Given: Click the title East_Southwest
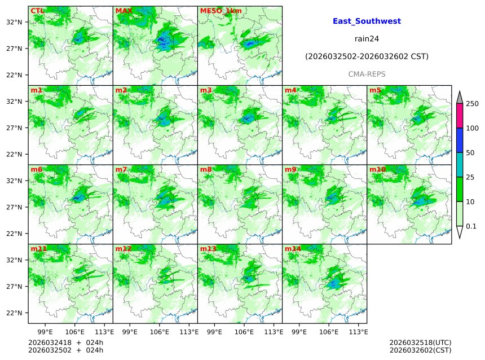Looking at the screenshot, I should (x=367, y=21).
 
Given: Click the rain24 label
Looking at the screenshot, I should (x=367, y=39).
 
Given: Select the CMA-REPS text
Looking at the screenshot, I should (x=367, y=74).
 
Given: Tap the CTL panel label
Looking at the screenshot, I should (x=37, y=11).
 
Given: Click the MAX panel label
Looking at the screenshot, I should (x=124, y=11).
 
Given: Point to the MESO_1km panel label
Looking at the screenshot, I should (x=221, y=11).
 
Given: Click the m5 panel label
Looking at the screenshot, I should (x=375, y=90).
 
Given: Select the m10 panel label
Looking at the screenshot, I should (x=377, y=169).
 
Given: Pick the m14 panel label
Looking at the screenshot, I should (x=293, y=249).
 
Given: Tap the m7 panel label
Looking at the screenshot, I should (x=121, y=169).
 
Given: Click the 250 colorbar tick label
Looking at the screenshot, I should (x=472, y=104).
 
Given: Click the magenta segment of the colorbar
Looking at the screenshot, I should (x=460, y=116).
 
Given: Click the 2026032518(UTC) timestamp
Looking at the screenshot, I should (x=420, y=343).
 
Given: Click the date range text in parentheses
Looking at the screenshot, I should (x=367, y=56).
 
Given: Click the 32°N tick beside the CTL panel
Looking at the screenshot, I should (x=14, y=22).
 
